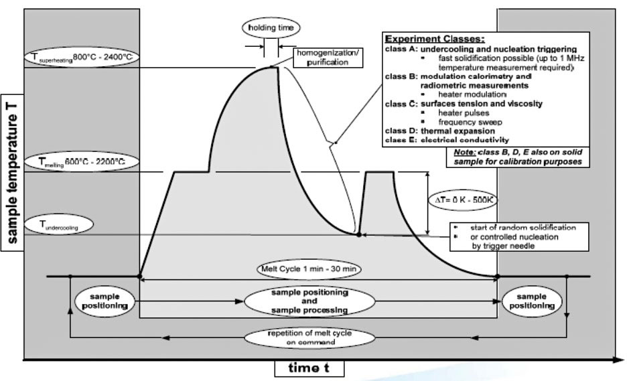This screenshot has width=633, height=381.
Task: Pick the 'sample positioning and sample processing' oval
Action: [309, 302]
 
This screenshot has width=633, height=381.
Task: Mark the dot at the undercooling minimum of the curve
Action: [359, 234]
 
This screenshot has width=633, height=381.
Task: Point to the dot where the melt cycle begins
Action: [139, 276]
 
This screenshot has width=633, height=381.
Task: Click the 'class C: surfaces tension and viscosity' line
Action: [454, 104]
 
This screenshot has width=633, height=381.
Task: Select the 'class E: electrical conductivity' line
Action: [447, 140]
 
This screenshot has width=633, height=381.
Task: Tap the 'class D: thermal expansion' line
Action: [440, 131]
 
